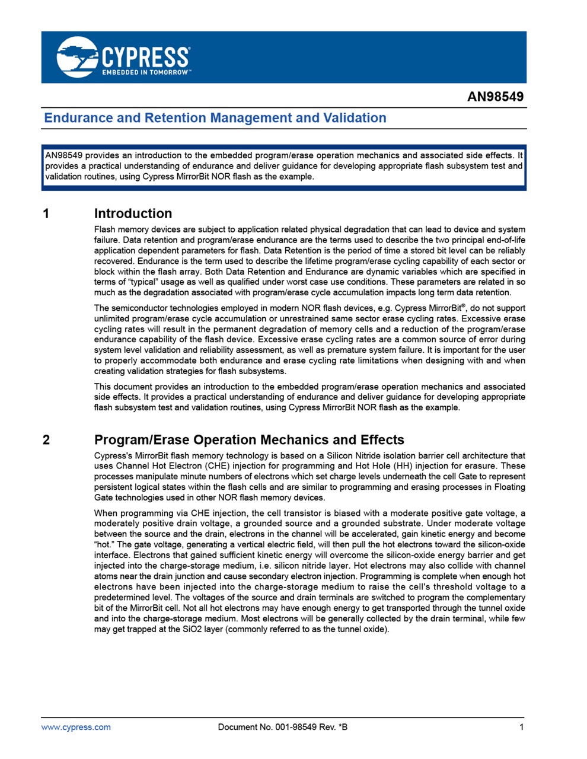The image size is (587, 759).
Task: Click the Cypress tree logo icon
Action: click(x=77, y=57)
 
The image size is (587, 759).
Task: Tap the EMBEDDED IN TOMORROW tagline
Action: click(x=146, y=72)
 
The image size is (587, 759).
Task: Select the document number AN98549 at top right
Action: click(x=495, y=97)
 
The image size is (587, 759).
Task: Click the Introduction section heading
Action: click(x=133, y=213)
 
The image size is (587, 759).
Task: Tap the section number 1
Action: click(x=47, y=213)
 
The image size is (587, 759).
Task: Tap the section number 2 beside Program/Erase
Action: click(x=47, y=440)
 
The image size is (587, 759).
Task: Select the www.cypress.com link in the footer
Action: click(x=76, y=727)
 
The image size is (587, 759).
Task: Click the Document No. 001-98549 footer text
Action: click(x=282, y=727)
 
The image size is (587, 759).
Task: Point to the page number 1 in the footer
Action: click(x=522, y=727)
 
